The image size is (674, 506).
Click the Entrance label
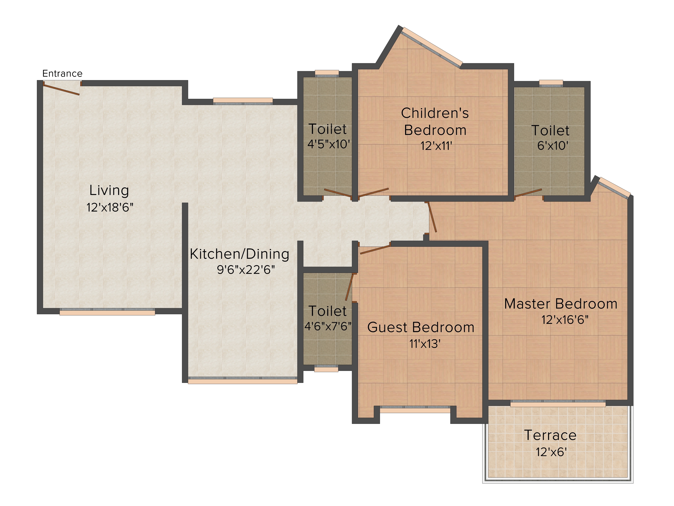tap(63, 74)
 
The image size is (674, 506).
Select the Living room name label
tap(109, 191)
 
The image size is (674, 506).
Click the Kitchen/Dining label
tap(239, 254)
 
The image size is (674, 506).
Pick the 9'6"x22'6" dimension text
tap(246, 270)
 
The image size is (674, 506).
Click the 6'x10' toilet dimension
tap(552, 146)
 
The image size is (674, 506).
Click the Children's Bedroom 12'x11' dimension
tap(436, 146)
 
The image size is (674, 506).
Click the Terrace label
tap(550, 435)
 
